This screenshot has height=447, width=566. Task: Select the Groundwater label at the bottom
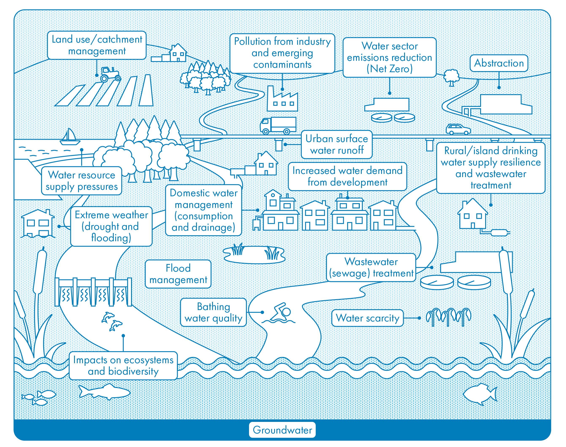282,430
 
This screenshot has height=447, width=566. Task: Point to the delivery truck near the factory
278,126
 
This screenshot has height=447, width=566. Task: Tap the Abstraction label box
499,63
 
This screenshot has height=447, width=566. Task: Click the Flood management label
178,274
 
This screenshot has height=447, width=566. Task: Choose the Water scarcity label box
367,318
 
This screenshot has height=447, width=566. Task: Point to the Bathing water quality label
213,312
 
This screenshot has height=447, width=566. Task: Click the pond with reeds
254,254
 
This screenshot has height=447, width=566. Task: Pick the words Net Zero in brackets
389,69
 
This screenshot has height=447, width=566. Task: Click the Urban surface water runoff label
337,145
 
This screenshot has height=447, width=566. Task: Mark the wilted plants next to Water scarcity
448,317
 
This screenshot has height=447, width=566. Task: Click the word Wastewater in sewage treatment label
371,262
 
